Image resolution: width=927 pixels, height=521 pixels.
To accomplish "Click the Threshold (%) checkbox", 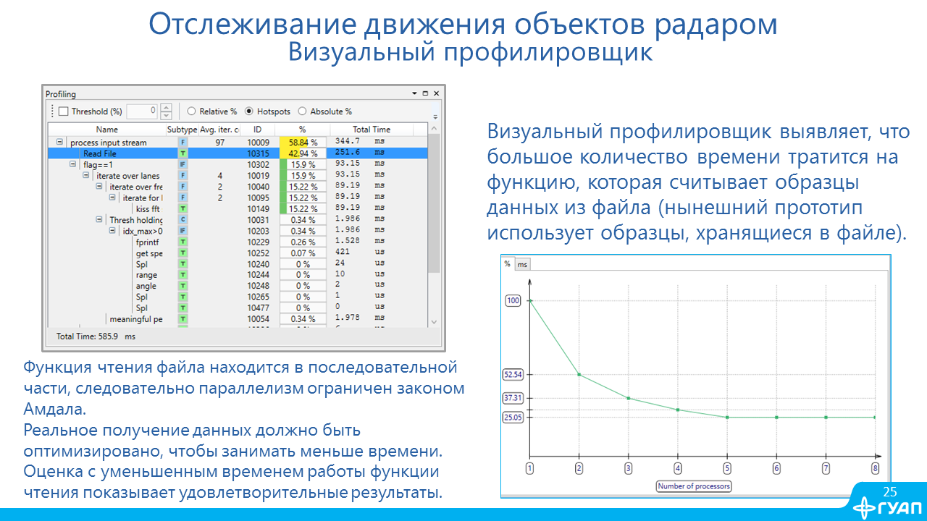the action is pos(63,111).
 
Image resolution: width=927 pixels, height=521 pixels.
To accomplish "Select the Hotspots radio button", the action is pos(248,111).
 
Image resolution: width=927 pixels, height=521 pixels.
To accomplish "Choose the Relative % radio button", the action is pos(191,111).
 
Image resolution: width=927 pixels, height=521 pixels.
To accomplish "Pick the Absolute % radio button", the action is pos(302,111).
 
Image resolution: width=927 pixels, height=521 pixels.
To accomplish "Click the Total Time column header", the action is pos(372,130).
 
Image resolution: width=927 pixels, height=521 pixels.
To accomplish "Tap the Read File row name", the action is pos(100,153).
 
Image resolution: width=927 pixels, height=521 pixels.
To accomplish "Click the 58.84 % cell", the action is pos(303,143).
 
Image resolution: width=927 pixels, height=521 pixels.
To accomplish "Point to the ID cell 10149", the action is pos(259,209).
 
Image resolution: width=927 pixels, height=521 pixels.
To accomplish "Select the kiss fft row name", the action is pos(148,209).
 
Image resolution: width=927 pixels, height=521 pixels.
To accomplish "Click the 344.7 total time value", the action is pos(348,141).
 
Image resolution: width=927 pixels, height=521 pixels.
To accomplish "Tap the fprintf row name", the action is pos(147,242).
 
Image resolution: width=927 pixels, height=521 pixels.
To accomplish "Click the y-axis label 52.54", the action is pos(513,375).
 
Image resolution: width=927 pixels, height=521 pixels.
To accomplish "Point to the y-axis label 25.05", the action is pos(513,418).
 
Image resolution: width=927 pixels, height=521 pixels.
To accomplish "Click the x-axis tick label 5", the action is pos(727,468).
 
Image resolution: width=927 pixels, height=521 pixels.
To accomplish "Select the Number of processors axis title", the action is pos(694,486).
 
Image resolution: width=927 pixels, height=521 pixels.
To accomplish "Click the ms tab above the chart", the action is pos(522,264).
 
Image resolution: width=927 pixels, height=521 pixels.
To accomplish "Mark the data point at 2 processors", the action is pos(579,375).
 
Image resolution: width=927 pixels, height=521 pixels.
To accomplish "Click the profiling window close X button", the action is pos(436,93).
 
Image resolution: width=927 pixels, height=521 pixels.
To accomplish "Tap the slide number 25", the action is pos(890,491).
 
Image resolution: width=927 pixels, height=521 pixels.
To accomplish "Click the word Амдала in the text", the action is pos(55,409).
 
